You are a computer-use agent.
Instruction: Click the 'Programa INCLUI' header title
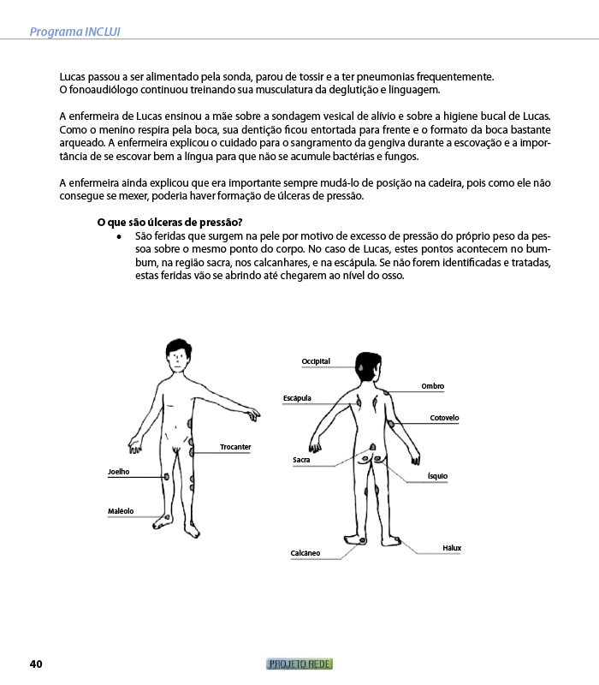pos(74,32)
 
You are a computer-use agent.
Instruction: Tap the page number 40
pos(36,664)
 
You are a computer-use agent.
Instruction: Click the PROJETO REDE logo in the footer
pos(299,664)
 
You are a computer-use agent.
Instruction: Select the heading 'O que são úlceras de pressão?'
pos(169,223)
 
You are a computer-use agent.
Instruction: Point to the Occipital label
pos(316,361)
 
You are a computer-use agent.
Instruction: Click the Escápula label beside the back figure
pos(297,398)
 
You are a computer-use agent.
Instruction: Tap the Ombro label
pos(433,386)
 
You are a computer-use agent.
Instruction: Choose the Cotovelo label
pos(444,418)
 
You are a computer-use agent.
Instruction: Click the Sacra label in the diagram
pos(301,460)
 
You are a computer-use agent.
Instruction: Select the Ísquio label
pos(437,476)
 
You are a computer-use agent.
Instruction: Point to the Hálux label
pos(452,548)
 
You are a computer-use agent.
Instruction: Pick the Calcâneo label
pos(305,553)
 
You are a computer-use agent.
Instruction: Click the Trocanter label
pos(235,447)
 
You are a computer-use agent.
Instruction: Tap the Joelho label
pos(119,472)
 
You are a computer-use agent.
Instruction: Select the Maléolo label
pos(121,511)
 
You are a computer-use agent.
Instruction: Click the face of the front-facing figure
pos(178,360)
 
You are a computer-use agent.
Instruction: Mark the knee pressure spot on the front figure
pos(166,477)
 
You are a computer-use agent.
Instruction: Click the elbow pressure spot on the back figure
pos(391,423)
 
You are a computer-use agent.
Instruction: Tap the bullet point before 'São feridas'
pos(119,237)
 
